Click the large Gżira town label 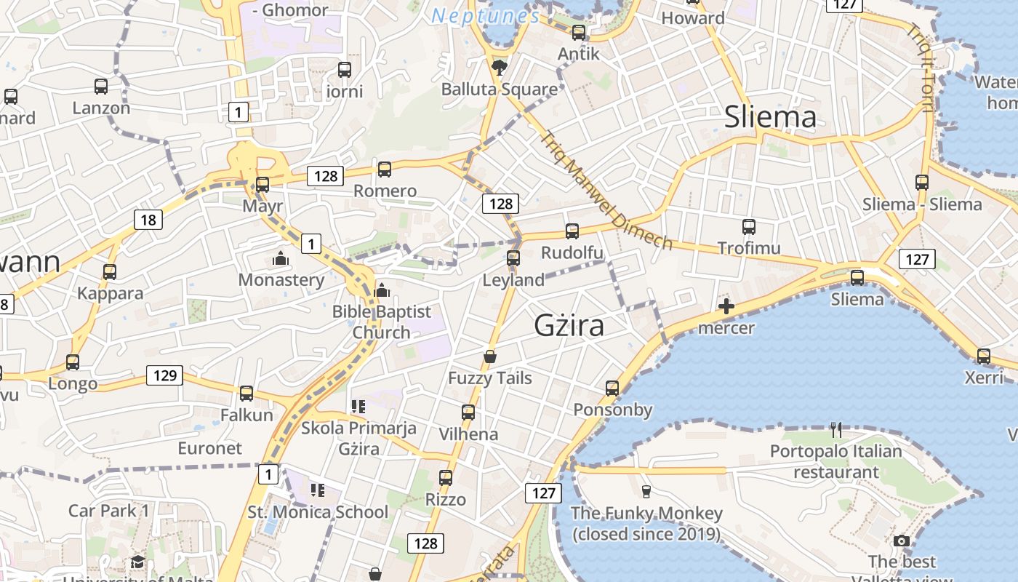[569, 325]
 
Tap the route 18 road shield [148, 220]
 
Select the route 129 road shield [164, 375]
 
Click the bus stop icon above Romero [384, 170]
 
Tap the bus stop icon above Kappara [110, 272]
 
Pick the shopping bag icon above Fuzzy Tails [490, 356]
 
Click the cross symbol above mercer [726, 306]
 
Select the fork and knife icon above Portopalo [836, 430]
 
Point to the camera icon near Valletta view [902, 541]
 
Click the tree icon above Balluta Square [499, 68]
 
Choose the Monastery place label [281, 280]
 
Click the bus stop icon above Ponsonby [612, 388]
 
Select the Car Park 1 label [108, 511]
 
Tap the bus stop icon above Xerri [983, 356]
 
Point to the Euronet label [209, 448]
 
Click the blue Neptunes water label [485, 15]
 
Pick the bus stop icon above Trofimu [749, 227]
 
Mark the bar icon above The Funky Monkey [646, 491]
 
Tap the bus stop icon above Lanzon [101, 87]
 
